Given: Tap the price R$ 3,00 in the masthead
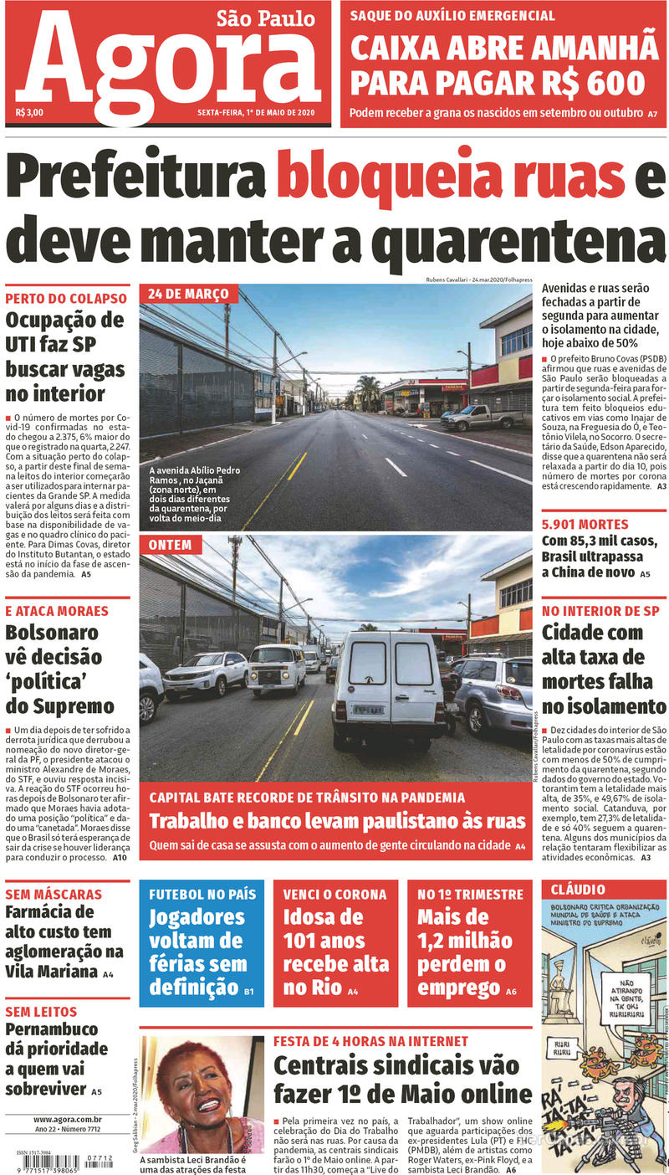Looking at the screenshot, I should pyautogui.click(x=29, y=112).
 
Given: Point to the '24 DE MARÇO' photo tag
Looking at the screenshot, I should pyautogui.click(x=188, y=295).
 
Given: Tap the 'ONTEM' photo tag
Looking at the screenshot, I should pyautogui.click(x=170, y=545).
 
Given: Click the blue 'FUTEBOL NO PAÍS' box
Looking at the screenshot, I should pyautogui.click(x=202, y=942).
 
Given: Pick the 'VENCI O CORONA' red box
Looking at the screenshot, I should pyautogui.click(x=334, y=942).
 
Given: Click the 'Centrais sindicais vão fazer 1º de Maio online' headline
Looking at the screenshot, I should pyautogui.click(x=402, y=1080).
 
